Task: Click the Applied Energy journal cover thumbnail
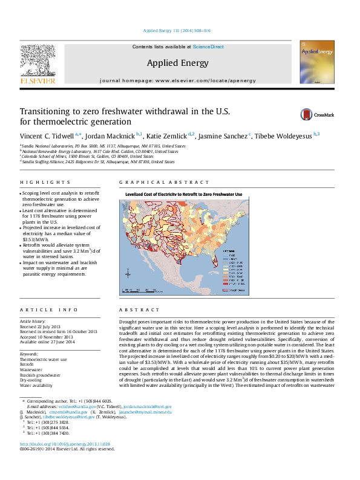coord(316,65)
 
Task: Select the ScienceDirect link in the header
coord(208,47)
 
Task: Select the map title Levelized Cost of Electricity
coord(183,195)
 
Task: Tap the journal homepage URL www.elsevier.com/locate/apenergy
coord(195,80)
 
